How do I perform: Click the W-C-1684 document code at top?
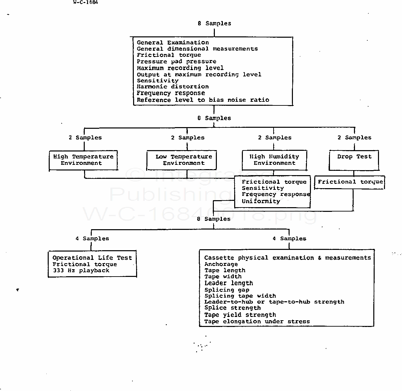(86, 2)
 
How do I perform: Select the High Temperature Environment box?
(83, 160)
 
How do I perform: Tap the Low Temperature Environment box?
(181, 160)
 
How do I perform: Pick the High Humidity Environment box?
(274, 160)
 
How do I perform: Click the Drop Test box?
(354, 160)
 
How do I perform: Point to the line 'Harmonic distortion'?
(172, 87)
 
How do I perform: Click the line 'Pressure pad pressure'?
(176, 61)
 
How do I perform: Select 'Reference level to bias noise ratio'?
(203, 100)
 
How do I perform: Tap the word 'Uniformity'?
(261, 201)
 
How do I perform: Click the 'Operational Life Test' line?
(92, 258)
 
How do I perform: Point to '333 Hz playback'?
(81, 270)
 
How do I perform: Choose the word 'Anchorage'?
(221, 264)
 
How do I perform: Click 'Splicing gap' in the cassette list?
(227, 290)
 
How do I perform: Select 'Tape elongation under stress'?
(257, 321)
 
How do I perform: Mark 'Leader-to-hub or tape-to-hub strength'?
(274, 302)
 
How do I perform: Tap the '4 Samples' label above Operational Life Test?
(92, 239)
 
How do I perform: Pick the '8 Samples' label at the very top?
(214, 23)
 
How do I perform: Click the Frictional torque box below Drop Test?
(350, 182)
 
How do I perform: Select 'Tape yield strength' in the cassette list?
(240, 315)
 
